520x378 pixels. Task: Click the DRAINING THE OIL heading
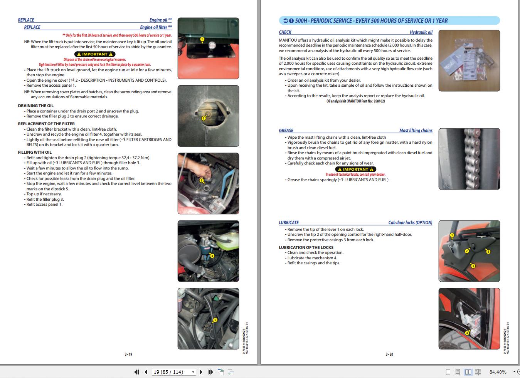[x=35, y=106]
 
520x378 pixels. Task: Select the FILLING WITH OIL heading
[x=35, y=152]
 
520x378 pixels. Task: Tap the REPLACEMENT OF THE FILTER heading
[x=46, y=124]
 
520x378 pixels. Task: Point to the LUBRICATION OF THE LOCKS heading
[x=306, y=247]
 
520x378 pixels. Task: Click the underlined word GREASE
[x=286, y=131]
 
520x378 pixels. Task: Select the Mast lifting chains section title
[x=416, y=131]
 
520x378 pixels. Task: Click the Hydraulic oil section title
[x=421, y=32]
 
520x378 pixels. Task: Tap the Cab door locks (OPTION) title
[x=410, y=223]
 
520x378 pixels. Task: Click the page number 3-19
[x=128, y=354]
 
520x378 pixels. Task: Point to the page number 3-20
[x=389, y=354]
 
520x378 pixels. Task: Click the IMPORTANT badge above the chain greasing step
[x=355, y=169]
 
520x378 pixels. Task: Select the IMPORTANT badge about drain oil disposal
[x=95, y=54]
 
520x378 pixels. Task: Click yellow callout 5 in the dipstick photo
[x=215, y=320]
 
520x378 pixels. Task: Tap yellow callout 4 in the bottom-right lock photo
[x=467, y=333]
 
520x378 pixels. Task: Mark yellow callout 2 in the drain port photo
[x=204, y=118]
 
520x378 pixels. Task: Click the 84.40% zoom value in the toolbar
[x=498, y=372]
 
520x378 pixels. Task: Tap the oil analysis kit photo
[x=469, y=60]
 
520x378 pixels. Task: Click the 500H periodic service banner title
[x=371, y=21]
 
